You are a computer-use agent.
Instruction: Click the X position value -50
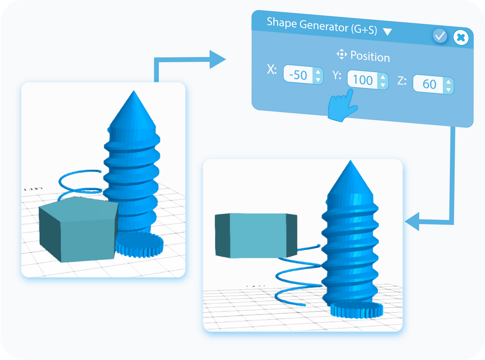[x=298, y=75]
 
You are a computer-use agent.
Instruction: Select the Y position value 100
[x=363, y=80]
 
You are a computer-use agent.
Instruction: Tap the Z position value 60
[x=429, y=84]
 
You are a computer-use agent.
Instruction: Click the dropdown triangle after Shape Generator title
[x=387, y=32]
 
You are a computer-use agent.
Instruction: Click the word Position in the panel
[x=370, y=57]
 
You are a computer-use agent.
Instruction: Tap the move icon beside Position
[x=341, y=54]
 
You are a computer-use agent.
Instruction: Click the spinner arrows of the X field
[x=318, y=76]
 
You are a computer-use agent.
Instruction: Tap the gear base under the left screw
[x=140, y=245]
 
